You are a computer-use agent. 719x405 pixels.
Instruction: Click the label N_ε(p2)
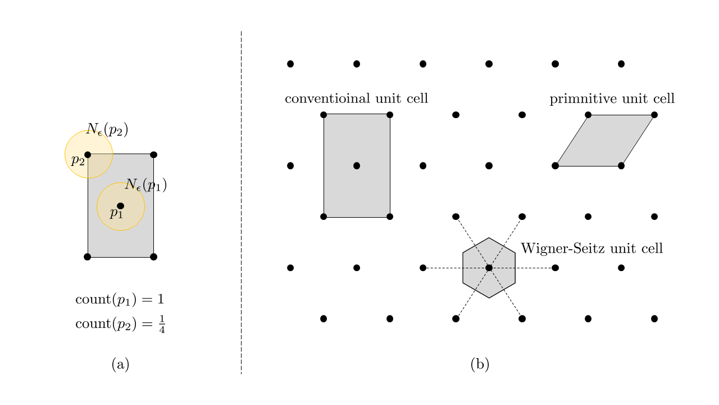point(107,130)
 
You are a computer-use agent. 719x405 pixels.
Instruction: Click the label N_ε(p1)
point(145,184)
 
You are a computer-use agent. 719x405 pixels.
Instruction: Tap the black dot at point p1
point(120,206)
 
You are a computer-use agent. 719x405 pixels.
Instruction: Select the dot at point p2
point(88,155)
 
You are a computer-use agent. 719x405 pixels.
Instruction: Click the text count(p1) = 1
point(119,300)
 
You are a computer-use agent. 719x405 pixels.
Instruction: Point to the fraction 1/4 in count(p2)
point(162,325)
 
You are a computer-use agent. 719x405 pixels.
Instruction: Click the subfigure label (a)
point(120,364)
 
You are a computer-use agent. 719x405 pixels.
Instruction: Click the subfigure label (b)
point(480,364)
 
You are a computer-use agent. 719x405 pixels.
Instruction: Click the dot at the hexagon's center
point(489,268)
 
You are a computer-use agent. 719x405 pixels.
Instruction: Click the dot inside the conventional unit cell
point(357,166)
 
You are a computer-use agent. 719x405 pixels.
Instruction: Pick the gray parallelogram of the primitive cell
point(605,141)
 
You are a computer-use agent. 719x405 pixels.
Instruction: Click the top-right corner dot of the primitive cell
point(654,115)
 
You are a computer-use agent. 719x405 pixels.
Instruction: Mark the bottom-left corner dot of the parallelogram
point(555,166)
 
